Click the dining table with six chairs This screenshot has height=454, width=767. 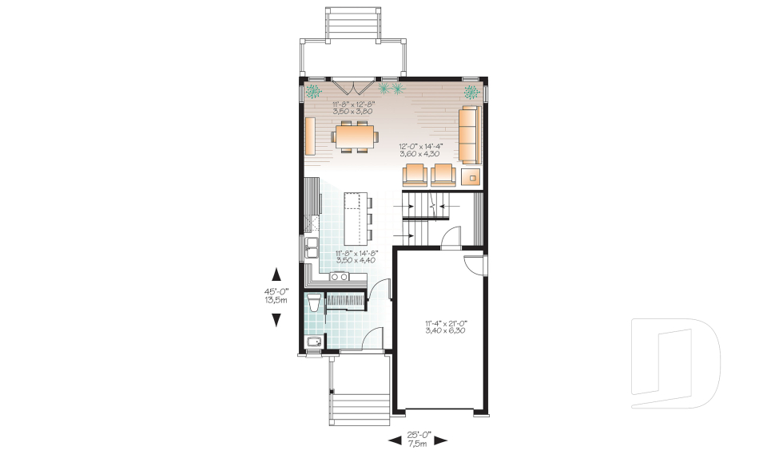pyautogui.click(x=355, y=136)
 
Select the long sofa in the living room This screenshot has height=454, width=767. pyautogui.click(x=470, y=134)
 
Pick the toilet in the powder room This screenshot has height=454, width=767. pyautogui.click(x=313, y=302)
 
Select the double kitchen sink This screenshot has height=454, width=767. pyautogui.click(x=311, y=247)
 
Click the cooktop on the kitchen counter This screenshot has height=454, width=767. pyautogui.click(x=339, y=277)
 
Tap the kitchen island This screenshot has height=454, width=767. pyautogui.click(x=355, y=219)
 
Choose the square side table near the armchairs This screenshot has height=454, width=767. pyautogui.click(x=471, y=176)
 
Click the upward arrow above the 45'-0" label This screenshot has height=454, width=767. pyautogui.click(x=277, y=274)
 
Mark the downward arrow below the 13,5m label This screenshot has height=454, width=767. pyautogui.click(x=277, y=320)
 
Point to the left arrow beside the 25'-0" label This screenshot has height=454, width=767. pyautogui.click(x=394, y=440)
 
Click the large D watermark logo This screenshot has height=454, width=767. pyautogui.click(x=676, y=363)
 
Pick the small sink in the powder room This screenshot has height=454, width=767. pyautogui.click(x=312, y=341)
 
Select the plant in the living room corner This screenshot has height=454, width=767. pyautogui.click(x=471, y=92)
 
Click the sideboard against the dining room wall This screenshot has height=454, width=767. pyautogui.click(x=310, y=136)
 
